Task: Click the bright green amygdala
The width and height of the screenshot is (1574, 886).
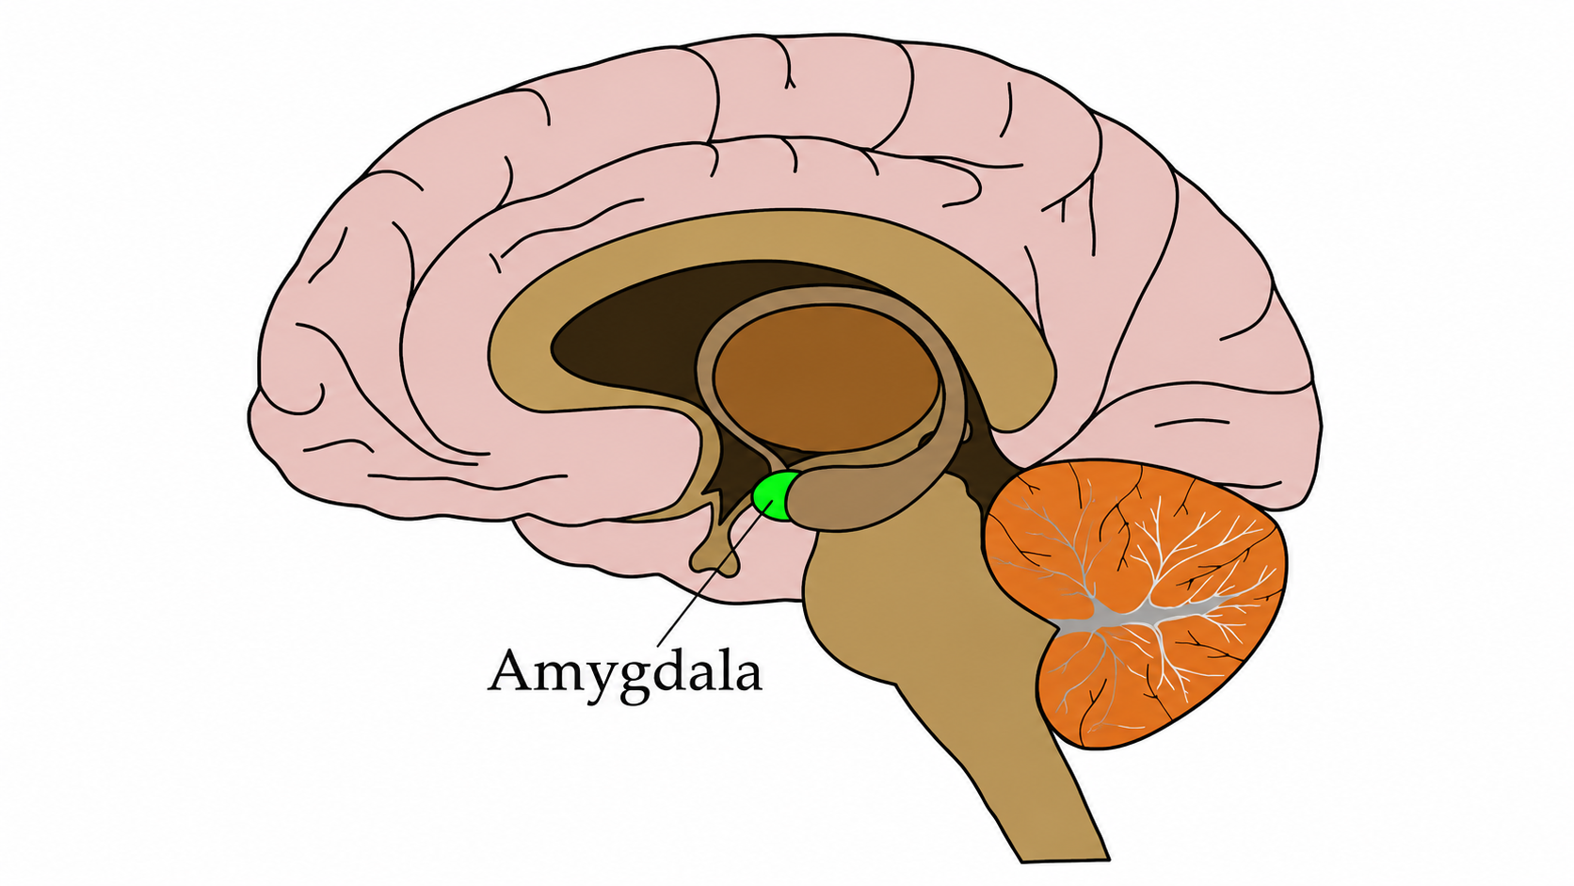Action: pyautogui.click(x=772, y=496)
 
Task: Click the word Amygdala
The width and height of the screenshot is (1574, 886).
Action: pyautogui.click(x=625, y=674)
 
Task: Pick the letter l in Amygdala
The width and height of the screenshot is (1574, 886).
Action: pyautogui.click(x=724, y=668)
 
